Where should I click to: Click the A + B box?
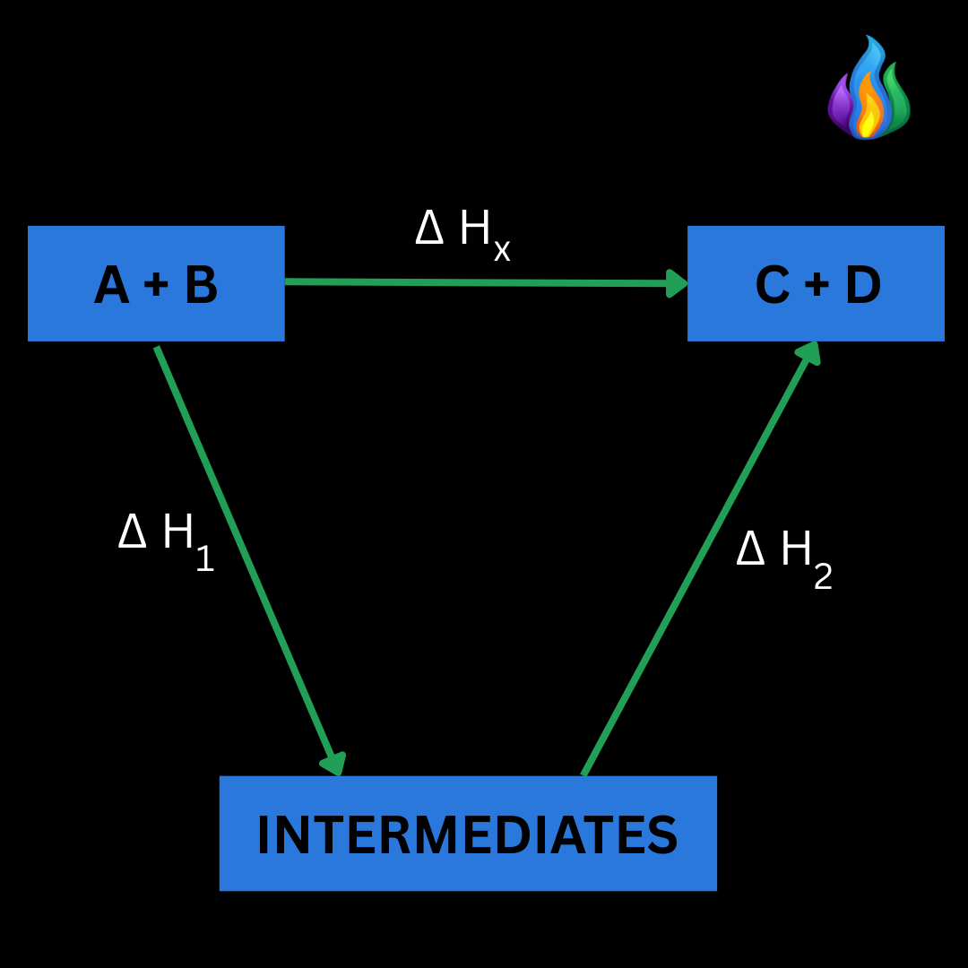pyautogui.click(x=156, y=283)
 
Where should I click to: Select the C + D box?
pyautogui.click(x=816, y=283)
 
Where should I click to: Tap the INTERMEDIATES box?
pyautogui.click(x=468, y=834)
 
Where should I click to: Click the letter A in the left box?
pyautogui.click(x=112, y=286)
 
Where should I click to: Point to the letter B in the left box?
pyautogui.click(x=201, y=286)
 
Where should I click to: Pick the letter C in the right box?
pyautogui.click(x=773, y=286)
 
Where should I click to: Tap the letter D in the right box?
pyautogui.click(x=862, y=286)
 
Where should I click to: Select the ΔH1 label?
pyautogui.click(x=166, y=538)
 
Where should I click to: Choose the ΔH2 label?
pyautogui.click(x=784, y=554)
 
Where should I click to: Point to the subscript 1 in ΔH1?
pyautogui.click(x=204, y=558)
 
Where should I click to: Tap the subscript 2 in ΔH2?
pyautogui.click(x=823, y=576)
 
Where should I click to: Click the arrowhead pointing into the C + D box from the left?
pyautogui.click(x=678, y=283)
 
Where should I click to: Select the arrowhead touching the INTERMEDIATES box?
pyautogui.click(x=333, y=764)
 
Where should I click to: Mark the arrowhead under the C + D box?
pyautogui.click(x=808, y=352)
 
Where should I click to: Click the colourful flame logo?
pyautogui.click(x=868, y=90)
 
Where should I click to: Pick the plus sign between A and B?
pyautogui.click(x=156, y=286)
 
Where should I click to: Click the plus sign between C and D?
pyautogui.click(x=817, y=286)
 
